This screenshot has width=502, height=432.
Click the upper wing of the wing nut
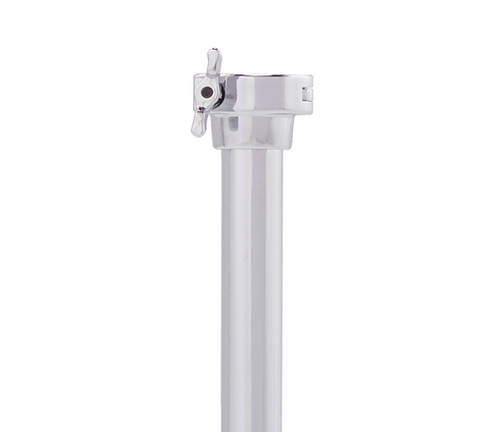point(213,65)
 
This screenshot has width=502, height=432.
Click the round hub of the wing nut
point(209,92)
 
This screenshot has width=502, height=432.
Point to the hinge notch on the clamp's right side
point(307,92)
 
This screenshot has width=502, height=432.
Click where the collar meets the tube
point(252,149)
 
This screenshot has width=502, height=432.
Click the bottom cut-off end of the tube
point(252,428)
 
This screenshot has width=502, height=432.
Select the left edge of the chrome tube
point(223,282)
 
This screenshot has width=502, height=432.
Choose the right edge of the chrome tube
point(283,282)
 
